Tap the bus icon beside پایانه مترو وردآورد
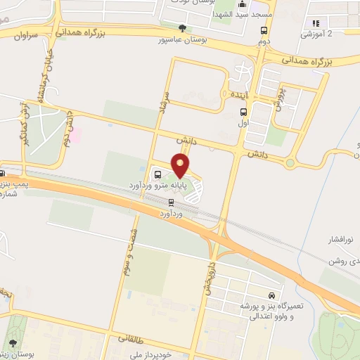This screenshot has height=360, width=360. click(x=157, y=174)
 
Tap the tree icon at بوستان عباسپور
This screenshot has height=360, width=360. click(x=183, y=28)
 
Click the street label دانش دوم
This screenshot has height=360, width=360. click(x=68, y=130)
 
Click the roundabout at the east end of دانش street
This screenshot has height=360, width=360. click(x=289, y=164)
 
